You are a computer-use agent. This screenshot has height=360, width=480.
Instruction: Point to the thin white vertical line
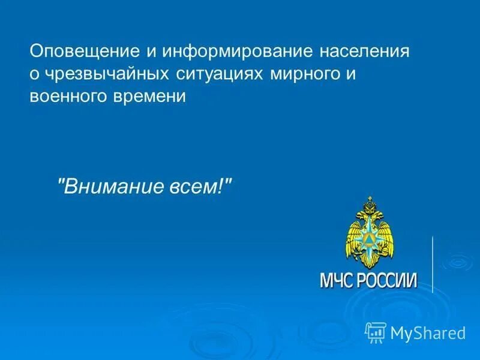click(433, 264)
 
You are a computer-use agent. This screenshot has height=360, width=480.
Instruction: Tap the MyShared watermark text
click(428, 332)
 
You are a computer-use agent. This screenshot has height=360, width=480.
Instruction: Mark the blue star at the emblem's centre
click(369, 239)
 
